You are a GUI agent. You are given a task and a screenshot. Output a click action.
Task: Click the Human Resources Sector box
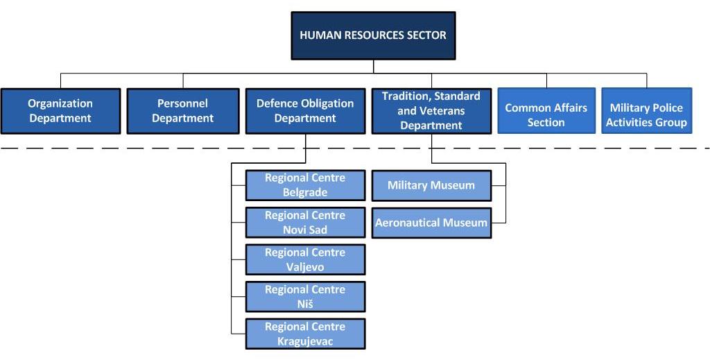coord(373,36)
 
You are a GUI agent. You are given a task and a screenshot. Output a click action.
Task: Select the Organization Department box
coord(61,111)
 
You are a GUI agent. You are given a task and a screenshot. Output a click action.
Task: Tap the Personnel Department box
coord(183,111)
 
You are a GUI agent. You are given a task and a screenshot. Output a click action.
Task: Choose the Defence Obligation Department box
coord(305,111)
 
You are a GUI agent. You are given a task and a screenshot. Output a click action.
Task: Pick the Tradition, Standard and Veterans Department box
coord(431,111)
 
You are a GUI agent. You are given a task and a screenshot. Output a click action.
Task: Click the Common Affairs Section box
coord(546,110)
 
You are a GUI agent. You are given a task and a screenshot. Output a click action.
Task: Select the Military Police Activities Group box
coord(647,110)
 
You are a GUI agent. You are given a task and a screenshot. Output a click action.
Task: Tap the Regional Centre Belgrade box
coord(305,185)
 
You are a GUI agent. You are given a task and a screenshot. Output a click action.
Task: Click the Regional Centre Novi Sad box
coord(305,223)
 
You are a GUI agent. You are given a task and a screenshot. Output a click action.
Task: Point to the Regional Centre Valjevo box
coord(305,259)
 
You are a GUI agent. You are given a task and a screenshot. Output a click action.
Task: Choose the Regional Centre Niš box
coord(305,297)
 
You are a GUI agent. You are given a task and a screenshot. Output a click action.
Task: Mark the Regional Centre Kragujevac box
coord(305,334)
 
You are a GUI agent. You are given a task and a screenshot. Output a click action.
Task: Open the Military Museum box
coord(431,185)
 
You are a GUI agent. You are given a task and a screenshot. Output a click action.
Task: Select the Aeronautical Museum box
coord(431,223)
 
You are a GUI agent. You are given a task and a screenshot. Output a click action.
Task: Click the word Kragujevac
coord(305,341)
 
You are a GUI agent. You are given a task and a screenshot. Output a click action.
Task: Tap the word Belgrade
coord(305,192)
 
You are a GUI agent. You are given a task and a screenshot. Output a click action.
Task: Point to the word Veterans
coord(445,111)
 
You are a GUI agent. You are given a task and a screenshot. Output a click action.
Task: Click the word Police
coord(665,108)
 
